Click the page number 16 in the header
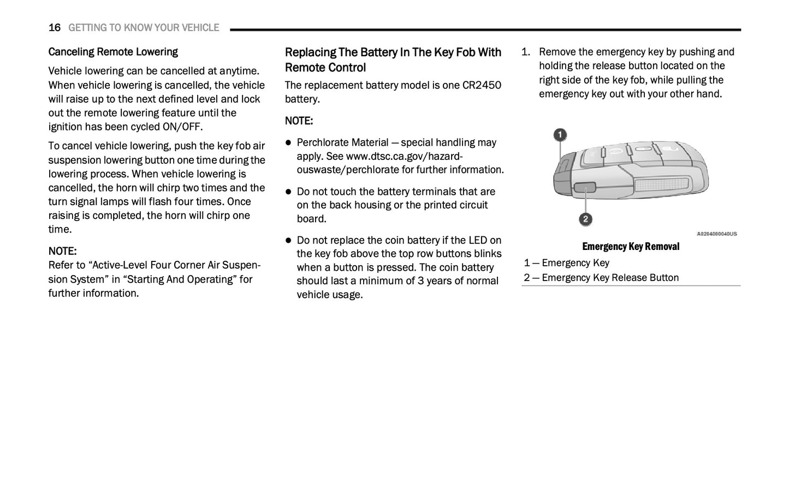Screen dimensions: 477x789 coord(54,28)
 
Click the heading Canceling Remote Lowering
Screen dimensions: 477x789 coord(113,52)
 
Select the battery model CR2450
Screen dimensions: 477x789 coord(482,85)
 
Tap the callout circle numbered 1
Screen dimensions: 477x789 coord(560,135)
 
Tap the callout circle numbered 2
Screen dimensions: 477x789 coord(585,219)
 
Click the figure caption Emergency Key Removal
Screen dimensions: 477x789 coord(631,247)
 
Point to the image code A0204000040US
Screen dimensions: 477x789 coord(716,234)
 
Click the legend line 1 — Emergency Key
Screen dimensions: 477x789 coord(567,263)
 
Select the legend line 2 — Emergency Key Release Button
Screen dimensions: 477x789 coord(601,278)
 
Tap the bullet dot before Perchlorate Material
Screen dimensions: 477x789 coord(289,143)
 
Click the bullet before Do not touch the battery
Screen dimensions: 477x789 coord(289,192)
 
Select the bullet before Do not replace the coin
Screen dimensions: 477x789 coord(289,241)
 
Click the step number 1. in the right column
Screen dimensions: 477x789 coord(526,52)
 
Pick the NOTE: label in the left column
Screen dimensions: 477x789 coord(62,252)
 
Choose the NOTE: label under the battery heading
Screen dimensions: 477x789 coord(299,121)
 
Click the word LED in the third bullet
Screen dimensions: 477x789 coord(477,241)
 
